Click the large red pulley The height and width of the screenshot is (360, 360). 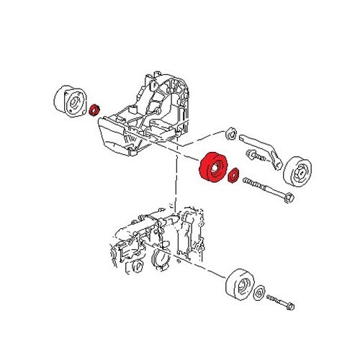point(212,171)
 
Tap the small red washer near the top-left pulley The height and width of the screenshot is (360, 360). point(94,110)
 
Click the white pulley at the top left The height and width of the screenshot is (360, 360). point(71,102)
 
